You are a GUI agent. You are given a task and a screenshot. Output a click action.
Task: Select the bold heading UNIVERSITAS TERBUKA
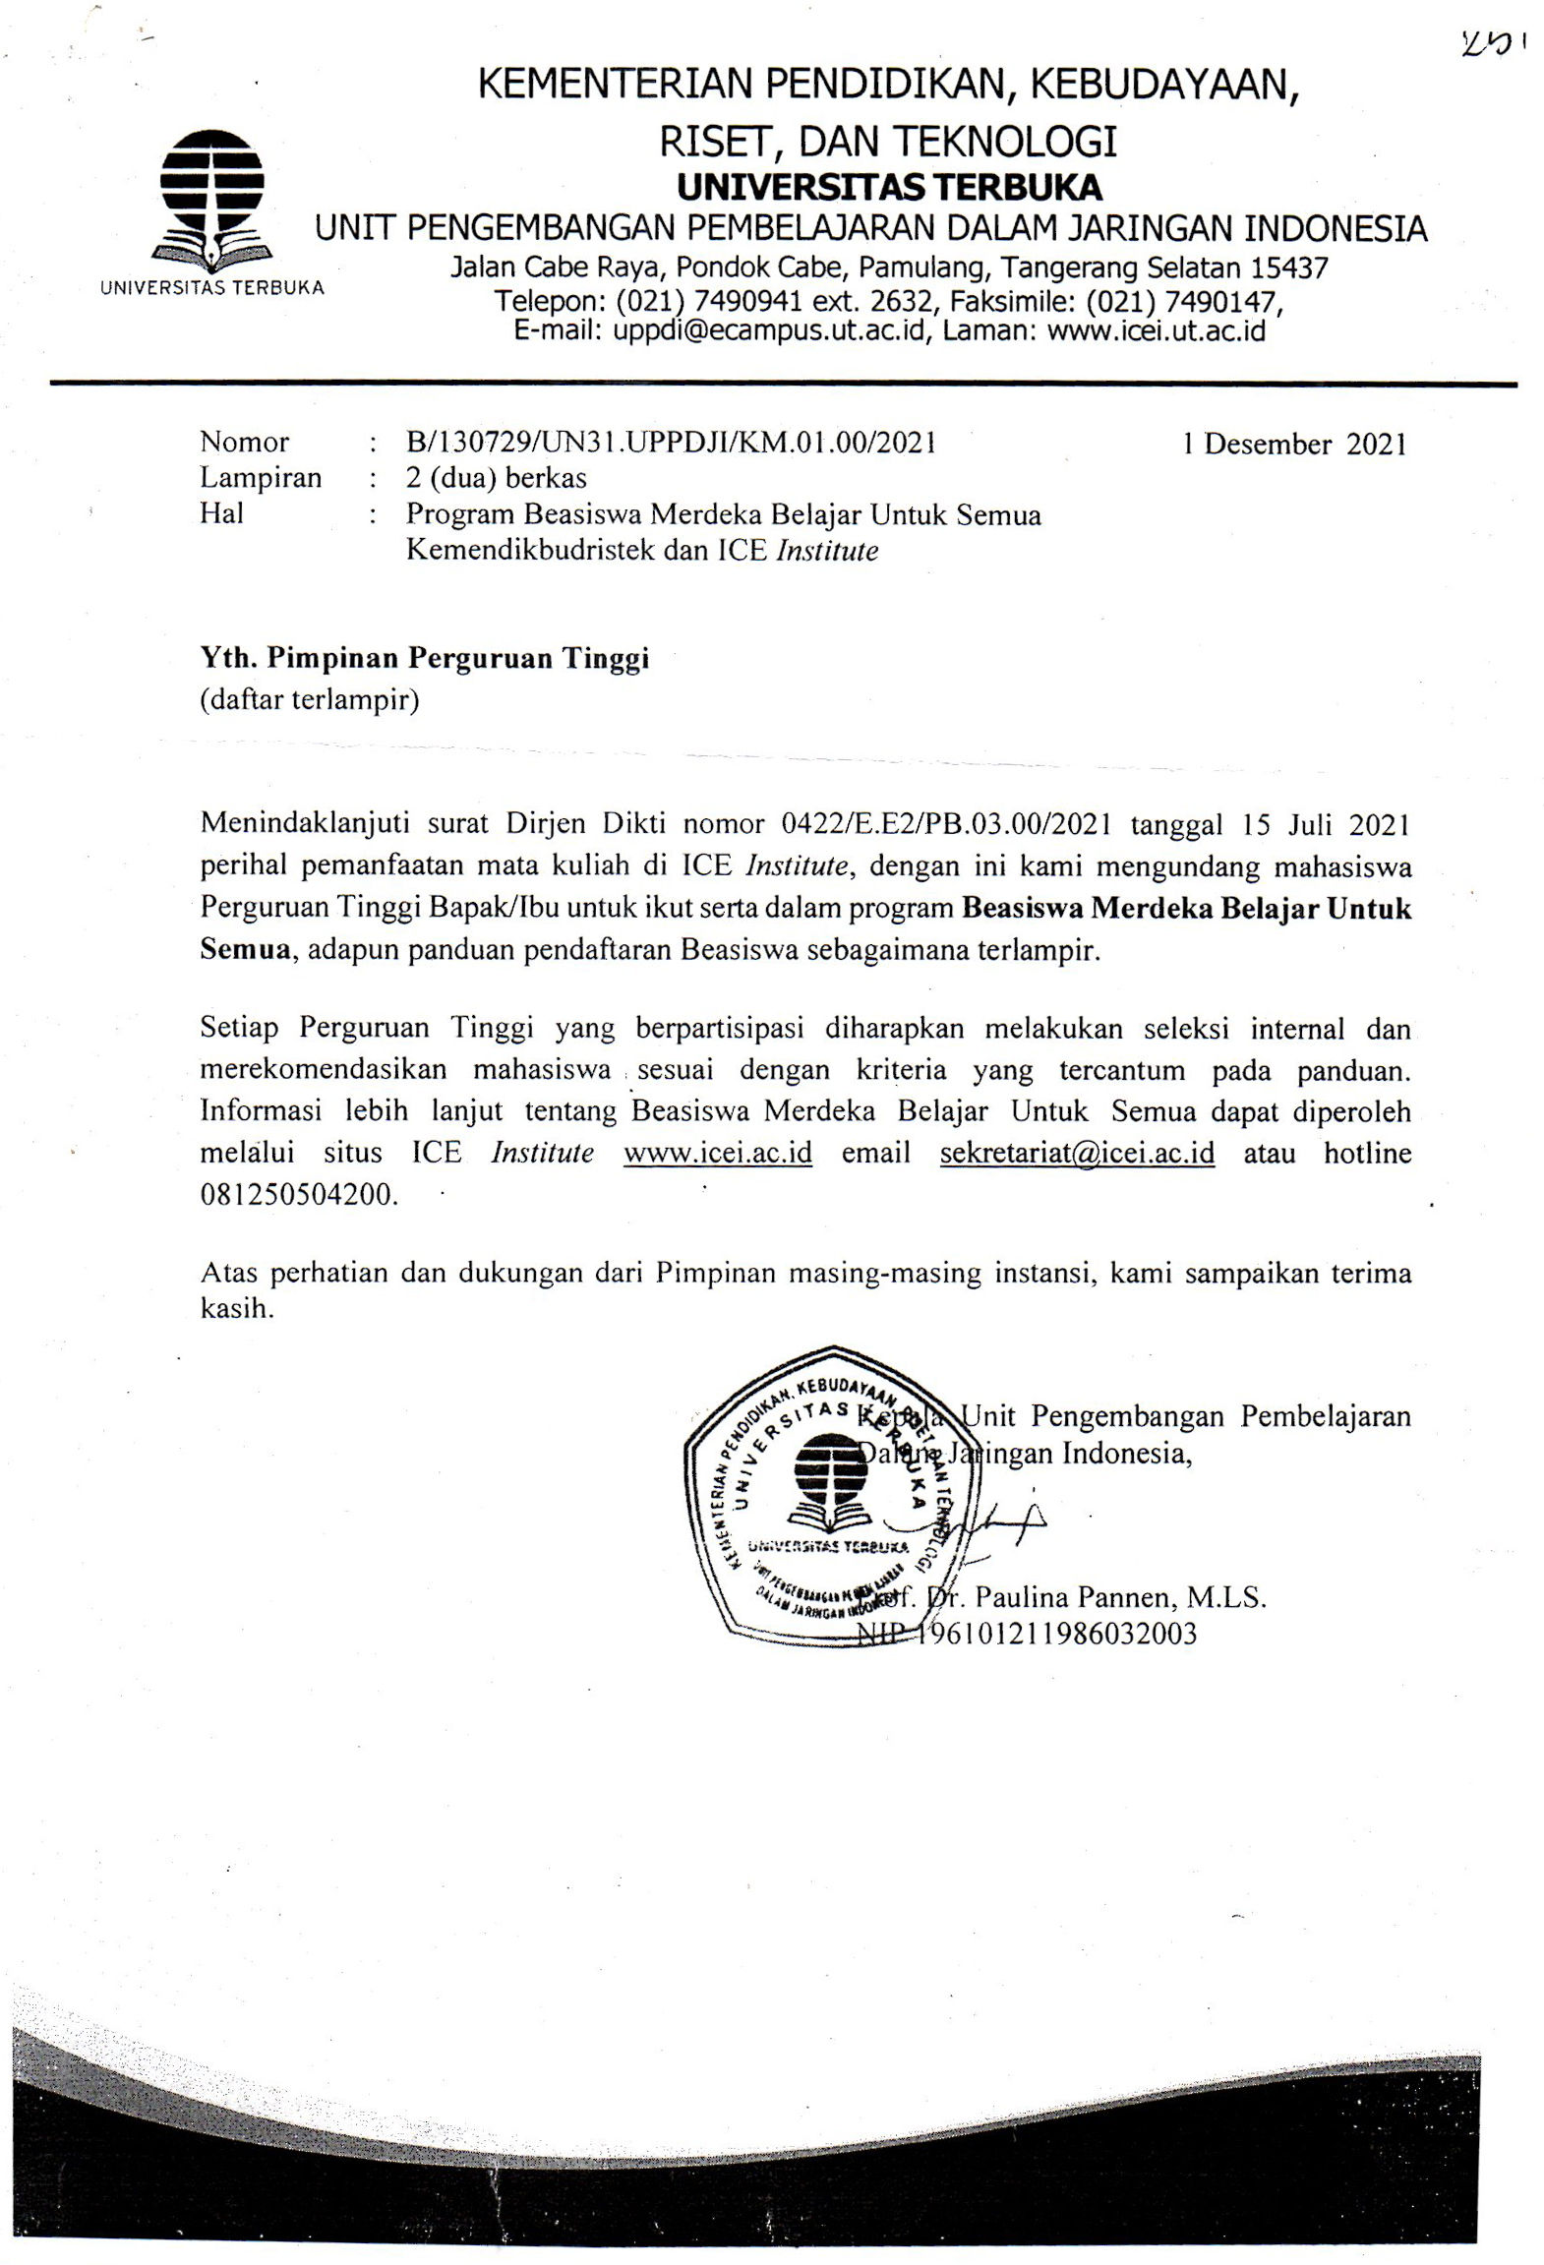coord(889,187)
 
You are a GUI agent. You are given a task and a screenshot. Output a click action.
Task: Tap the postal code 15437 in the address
coord(1289,268)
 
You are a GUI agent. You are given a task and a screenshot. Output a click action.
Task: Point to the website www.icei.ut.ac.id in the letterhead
coord(1156,330)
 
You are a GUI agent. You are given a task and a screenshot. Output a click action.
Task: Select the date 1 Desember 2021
coord(1294,444)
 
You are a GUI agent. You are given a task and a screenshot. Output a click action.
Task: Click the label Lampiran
coord(261,478)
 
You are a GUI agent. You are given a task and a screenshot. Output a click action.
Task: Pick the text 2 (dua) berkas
coord(497,478)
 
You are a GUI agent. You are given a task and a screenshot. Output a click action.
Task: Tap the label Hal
coord(221,512)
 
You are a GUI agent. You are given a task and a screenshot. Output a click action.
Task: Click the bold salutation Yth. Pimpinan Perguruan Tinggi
coord(425,658)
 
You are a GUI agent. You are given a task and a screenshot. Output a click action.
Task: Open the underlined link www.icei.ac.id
coord(718,1152)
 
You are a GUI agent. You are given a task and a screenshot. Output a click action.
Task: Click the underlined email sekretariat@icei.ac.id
coord(1077,1152)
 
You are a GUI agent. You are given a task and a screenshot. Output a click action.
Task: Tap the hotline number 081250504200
coord(299,1195)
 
